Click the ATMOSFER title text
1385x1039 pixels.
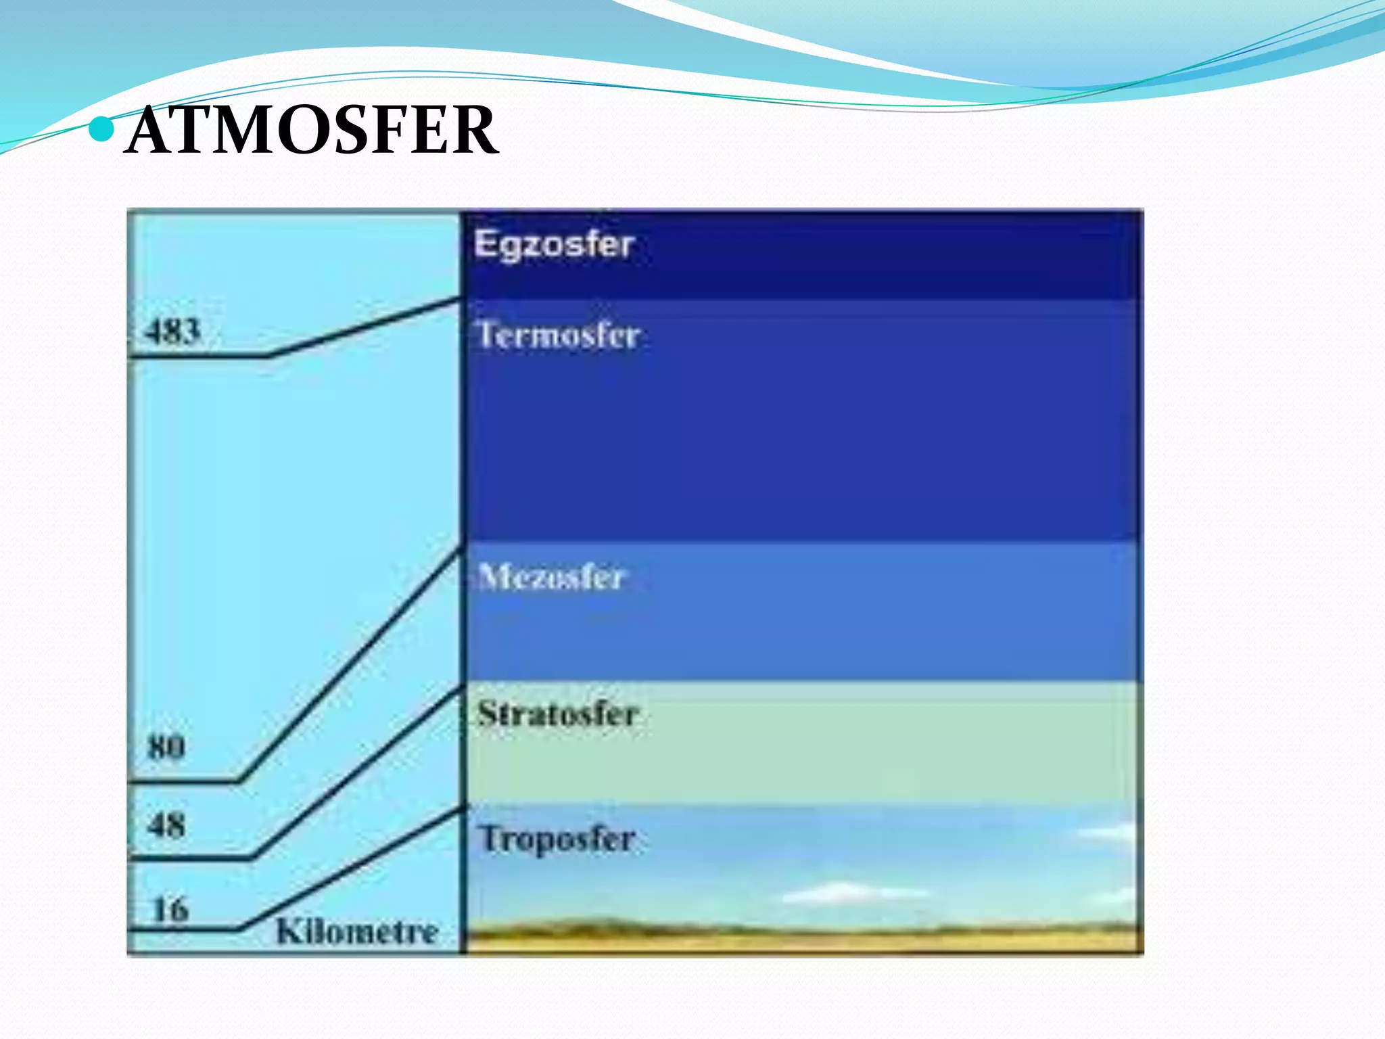[311, 130]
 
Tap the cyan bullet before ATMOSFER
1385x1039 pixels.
[101, 129]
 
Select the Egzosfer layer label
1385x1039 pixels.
[554, 245]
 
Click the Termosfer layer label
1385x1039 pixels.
[559, 336]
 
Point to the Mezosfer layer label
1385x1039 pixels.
[551, 577]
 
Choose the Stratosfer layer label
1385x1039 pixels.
[558, 714]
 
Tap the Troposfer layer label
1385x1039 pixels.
[557, 839]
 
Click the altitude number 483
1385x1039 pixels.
[173, 332]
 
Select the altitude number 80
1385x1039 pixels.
[166, 748]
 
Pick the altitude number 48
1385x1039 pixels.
[166, 825]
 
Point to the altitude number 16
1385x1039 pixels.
[170, 909]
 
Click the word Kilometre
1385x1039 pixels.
[357, 932]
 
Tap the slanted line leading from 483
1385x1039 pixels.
[365, 326]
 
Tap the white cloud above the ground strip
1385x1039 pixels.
[839, 893]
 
